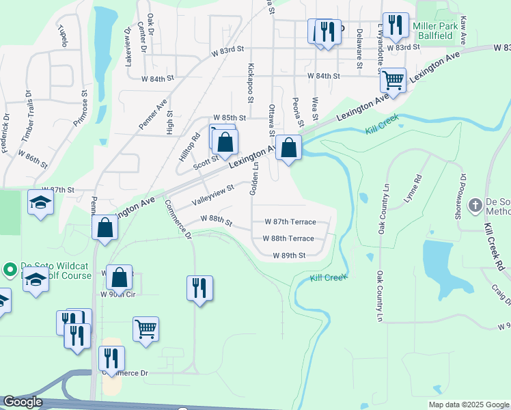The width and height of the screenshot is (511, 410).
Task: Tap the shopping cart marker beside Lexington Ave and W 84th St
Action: pos(393,80)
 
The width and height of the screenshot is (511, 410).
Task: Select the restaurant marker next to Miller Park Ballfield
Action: pos(395,25)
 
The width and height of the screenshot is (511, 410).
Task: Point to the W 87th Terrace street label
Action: pos(290,222)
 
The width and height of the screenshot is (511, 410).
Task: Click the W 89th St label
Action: pos(288,255)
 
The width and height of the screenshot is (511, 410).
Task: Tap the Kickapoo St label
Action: pos(251,83)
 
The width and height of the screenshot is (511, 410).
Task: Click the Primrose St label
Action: pos(85,106)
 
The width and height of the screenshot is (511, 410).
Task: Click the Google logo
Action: pos(23,402)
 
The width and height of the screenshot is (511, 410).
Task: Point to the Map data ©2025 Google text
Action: pos(468,405)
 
